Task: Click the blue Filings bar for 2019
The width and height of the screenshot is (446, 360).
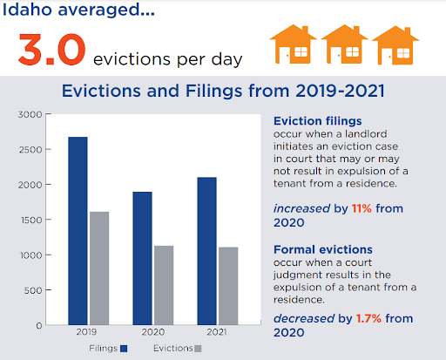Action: tap(78, 231)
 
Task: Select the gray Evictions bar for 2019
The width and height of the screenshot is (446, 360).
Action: tap(99, 268)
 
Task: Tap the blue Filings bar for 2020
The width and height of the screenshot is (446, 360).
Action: tap(142, 258)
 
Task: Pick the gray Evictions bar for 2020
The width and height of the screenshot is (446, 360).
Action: tap(164, 285)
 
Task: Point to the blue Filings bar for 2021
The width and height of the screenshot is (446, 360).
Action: tap(206, 251)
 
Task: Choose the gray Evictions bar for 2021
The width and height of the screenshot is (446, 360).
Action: tap(228, 286)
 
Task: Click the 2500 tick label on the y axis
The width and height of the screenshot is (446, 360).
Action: tap(30, 150)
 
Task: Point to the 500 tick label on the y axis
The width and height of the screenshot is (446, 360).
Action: tap(33, 290)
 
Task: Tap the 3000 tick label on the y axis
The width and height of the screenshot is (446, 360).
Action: tap(30, 114)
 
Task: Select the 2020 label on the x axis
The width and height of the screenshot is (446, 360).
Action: tap(153, 332)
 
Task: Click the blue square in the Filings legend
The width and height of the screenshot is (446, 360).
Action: tap(124, 349)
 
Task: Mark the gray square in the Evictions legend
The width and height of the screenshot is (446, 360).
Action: tap(198, 349)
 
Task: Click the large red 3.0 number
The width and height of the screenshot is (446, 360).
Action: tap(52, 50)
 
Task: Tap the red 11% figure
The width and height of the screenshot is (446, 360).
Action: tap(362, 208)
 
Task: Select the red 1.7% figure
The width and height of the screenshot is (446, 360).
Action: tap(368, 318)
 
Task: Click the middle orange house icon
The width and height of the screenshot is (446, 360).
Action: tap(344, 44)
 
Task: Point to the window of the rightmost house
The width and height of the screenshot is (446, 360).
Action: tap(403, 53)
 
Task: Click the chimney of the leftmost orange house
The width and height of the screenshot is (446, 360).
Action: tap(305, 30)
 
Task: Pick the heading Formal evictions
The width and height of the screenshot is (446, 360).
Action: tap(323, 249)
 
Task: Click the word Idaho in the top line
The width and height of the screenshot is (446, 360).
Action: tap(27, 10)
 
